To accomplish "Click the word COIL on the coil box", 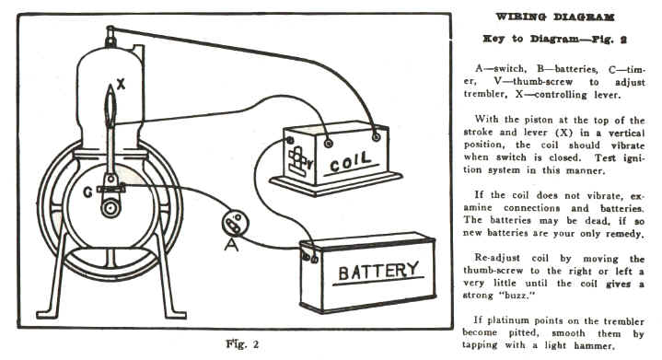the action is coord(350,161).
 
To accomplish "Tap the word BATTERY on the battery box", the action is coord(378,271).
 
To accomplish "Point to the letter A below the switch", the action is coord(231,244).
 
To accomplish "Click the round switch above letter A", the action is coord(235,223).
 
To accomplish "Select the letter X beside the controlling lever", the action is coord(121,85).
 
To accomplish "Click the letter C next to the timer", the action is coord(87,192).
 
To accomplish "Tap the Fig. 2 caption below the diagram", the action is coord(242,344).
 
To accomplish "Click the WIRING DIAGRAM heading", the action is coord(555,17).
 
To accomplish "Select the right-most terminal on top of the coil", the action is coord(376,137).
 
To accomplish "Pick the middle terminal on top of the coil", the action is coord(328,144).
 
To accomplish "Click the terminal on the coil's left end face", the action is coord(290,140).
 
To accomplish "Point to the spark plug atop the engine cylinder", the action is coord(110,36).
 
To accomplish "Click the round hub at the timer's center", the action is coord(110,208).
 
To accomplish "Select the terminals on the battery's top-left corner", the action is coord(309,258).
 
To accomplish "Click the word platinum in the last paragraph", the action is coord(508,321).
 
